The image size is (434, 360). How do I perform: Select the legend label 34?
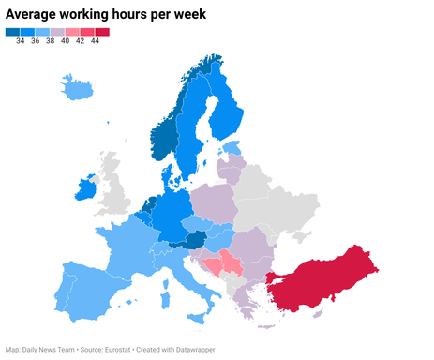point(21,41)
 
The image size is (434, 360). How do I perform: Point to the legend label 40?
point(66,41)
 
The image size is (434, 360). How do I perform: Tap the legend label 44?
point(95,41)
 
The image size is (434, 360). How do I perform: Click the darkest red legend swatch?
point(102,32)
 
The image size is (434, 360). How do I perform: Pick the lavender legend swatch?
point(57,32)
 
